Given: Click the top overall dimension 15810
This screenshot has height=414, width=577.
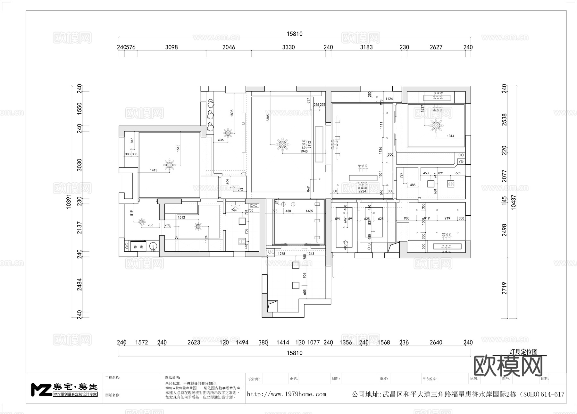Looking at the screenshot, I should tap(294, 34).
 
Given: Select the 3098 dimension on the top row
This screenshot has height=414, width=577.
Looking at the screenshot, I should tap(171, 47).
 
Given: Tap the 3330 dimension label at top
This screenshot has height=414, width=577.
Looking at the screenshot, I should tap(288, 47).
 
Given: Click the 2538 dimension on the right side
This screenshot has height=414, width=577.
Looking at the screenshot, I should tap(504, 119).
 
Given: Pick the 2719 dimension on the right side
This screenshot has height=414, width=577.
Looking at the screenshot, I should tap(504, 288).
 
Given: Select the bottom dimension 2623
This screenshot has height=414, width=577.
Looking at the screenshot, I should tap(194, 342).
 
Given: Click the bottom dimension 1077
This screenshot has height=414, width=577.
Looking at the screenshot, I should tap(313, 342).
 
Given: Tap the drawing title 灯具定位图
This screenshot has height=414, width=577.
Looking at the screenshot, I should tap(523, 352).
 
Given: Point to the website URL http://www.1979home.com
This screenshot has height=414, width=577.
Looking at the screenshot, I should tap(286, 394).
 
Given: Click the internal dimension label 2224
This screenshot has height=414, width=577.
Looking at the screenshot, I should tap(362, 191).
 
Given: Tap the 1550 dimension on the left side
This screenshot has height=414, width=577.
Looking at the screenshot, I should tap(79, 109).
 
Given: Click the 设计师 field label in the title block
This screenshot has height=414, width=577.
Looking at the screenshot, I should tap(254, 379).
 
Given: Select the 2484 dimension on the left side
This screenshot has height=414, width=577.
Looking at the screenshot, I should tap(79, 284).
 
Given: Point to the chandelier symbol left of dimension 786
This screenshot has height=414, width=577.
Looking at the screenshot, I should tap(141, 221).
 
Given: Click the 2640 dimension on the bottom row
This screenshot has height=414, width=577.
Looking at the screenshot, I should tap(436, 342).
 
